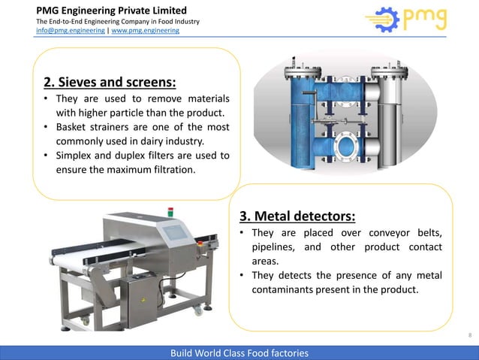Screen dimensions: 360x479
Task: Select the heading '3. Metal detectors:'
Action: point(297,217)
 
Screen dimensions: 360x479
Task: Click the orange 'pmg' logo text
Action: point(424,18)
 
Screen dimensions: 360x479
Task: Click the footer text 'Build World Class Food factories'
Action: point(239,352)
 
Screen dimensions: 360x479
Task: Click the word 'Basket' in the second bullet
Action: point(73,127)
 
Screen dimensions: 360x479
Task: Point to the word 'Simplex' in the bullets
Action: point(76,156)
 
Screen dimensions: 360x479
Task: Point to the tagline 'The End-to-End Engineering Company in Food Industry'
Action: point(118,21)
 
